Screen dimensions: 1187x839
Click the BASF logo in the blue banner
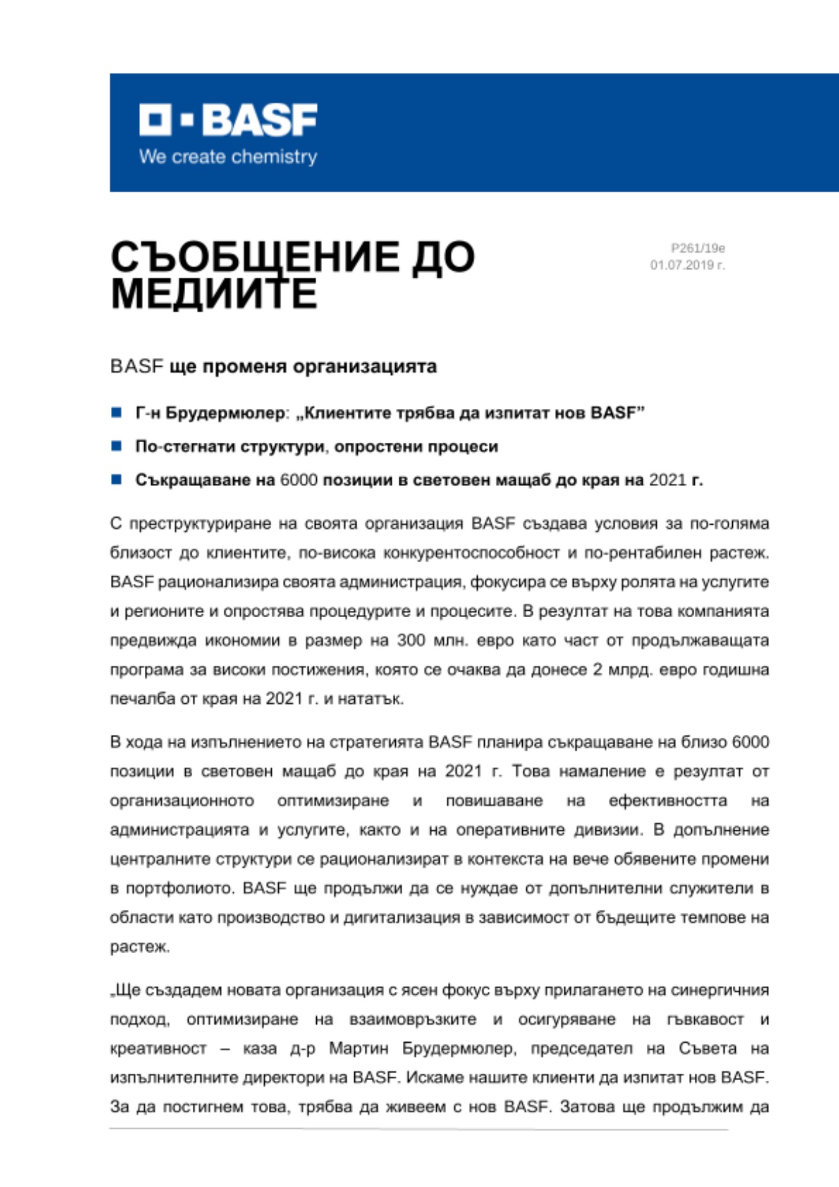228,119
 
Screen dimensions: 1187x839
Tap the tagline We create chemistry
228,157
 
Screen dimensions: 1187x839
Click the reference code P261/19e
698,248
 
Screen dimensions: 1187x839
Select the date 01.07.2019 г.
687,265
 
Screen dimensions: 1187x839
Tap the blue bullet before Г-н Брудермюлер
116,412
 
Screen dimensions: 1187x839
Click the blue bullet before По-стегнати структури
116,446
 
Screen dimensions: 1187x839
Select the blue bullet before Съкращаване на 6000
116,479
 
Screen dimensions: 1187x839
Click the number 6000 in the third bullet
298,480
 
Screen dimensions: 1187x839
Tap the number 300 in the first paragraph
411,640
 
